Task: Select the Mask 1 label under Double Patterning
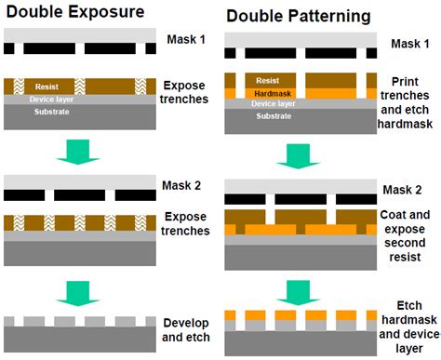(410, 44)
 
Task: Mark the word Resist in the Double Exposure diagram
(47, 85)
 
